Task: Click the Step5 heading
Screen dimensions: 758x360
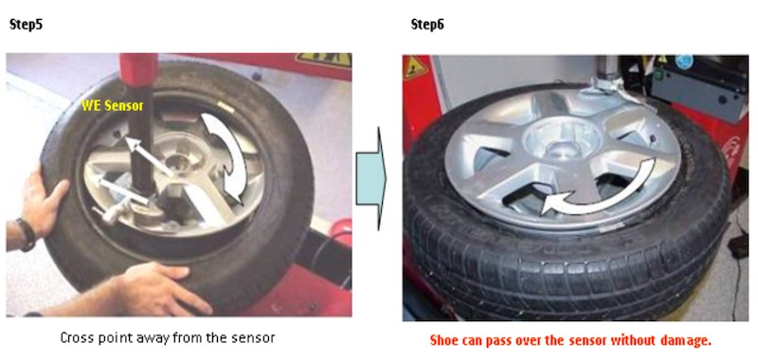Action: point(27,25)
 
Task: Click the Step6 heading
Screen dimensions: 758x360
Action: point(427,25)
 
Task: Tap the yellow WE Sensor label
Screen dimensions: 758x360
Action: point(112,106)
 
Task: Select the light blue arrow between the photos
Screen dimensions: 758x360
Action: point(371,179)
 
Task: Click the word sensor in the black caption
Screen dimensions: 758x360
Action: point(254,338)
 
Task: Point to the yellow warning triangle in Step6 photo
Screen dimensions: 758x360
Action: point(414,67)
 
